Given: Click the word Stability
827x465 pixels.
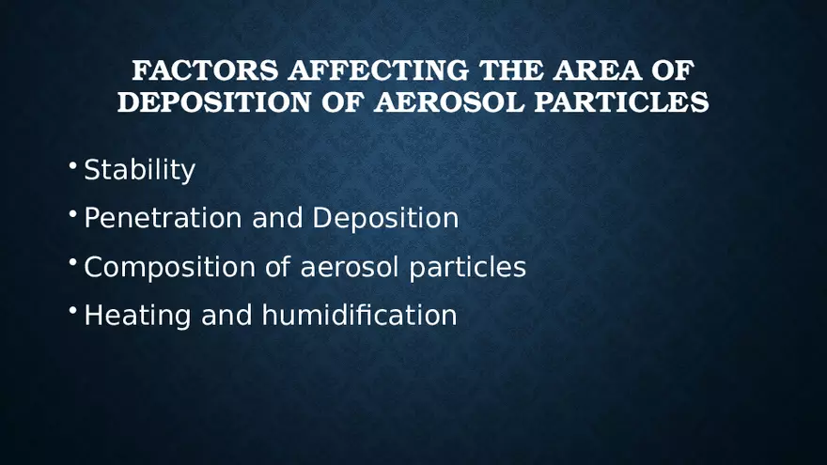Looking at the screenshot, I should click(139, 170).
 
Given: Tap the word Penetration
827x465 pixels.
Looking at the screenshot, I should click(164, 218).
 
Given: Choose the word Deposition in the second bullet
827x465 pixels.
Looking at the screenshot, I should click(385, 218).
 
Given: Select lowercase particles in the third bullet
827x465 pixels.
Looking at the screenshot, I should click(467, 267).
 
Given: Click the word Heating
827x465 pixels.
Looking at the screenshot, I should click(138, 315).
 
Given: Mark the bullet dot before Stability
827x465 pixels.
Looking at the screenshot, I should click(72, 166).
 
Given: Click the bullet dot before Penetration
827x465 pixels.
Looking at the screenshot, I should click(72, 214).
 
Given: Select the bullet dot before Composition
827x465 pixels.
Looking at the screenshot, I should click(72, 263).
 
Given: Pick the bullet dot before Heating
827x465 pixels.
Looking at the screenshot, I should click(72, 311).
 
